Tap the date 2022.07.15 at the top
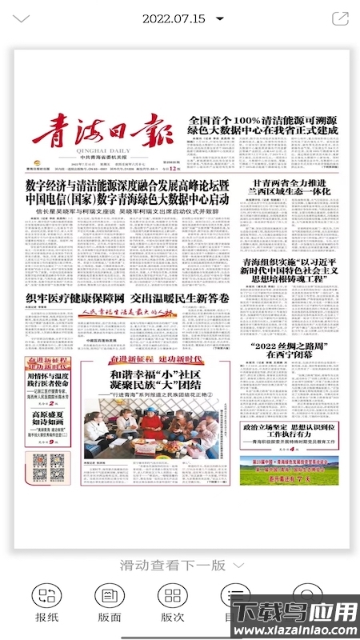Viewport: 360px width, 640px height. (174, 18)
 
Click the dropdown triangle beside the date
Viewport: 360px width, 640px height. (219, 18)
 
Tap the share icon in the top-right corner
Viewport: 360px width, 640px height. (339, 18)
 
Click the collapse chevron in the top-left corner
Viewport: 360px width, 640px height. (22, 18)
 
